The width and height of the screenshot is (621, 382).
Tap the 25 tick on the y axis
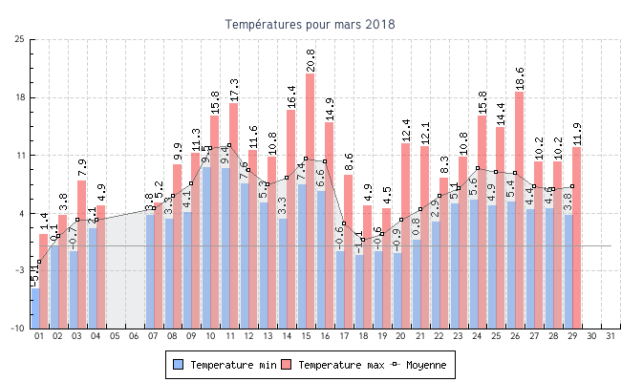20,39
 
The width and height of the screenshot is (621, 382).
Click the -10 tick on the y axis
18,329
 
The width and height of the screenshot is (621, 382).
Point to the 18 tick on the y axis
20,97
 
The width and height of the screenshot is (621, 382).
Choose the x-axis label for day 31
610,336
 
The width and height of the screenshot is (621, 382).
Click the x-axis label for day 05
115,336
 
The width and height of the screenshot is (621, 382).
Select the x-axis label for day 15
306,336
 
